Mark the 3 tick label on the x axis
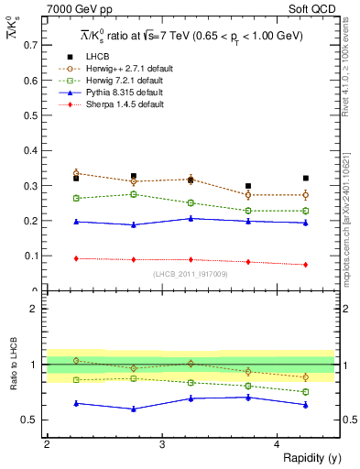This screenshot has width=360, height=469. pyautogui.click(x=162, y=442)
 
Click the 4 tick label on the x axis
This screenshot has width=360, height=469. pyautogui.click(x=278, y=442)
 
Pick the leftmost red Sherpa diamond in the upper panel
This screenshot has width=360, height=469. pyautogui.click(x=76, y=258)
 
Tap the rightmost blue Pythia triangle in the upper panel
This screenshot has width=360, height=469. pyautogui.click(x=306, y=223)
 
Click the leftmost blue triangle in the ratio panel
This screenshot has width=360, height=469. pyautogui.click(x=76, y=403)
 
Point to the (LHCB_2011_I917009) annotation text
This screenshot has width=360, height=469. pyautogui.click(x=191, y=273)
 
